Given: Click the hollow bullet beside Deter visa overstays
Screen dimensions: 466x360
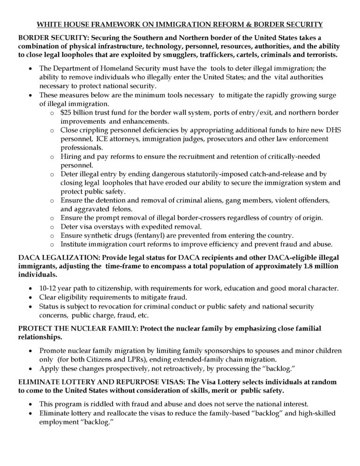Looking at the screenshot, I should [x=52, y=226].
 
